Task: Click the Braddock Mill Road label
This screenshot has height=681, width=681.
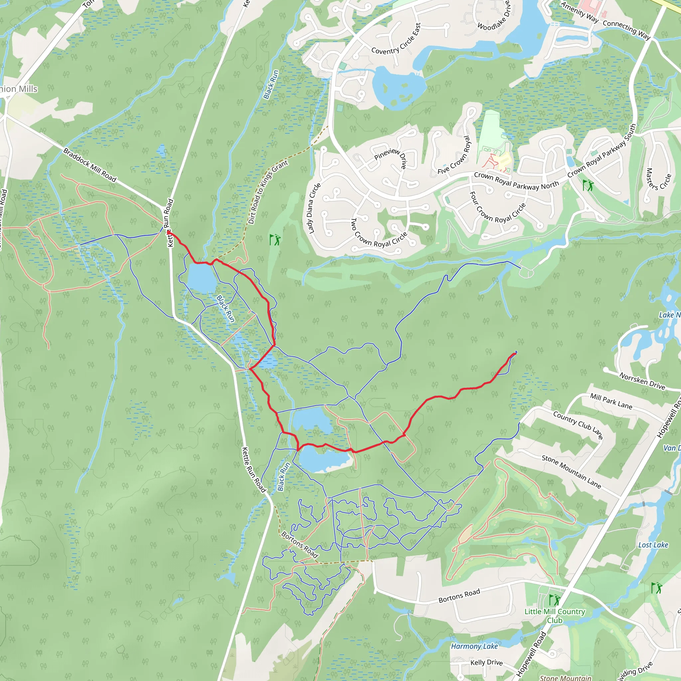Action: point(89,165)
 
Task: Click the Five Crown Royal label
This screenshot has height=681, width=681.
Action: point(454,155)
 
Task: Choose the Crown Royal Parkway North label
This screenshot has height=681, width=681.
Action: point(516,181)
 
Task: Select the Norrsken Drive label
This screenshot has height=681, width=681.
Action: point(642,381)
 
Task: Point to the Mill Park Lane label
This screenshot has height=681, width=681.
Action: point(611,401)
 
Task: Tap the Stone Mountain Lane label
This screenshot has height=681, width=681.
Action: point(571,471)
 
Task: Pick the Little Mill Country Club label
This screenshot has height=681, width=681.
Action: point(555,615)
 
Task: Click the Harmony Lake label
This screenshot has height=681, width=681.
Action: point(475,646)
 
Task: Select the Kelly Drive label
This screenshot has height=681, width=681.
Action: point(487,662)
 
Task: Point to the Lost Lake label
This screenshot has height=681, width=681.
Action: point(653,545)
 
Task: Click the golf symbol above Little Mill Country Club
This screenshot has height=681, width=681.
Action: point(554,600)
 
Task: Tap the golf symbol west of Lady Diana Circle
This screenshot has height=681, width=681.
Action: point(275,240)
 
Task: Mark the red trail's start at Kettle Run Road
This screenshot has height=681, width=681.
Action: point(169,232)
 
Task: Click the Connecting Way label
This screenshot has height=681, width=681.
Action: point(626,30)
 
